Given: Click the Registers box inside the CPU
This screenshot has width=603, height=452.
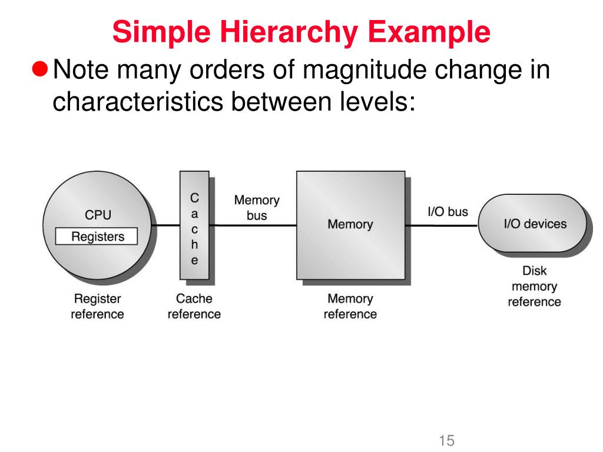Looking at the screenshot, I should tap(97, 237).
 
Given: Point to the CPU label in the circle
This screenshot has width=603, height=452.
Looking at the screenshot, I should tap(98, 215).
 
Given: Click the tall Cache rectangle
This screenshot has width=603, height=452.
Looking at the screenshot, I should tap(194, 225).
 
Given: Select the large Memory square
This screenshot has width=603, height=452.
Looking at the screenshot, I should tap(350, 224).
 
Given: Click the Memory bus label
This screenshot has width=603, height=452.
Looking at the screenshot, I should tap(257, 208).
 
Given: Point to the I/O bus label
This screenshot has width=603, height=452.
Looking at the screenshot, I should tap(448, 211).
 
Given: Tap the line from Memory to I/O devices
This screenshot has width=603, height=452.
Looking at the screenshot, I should tap(442, 224).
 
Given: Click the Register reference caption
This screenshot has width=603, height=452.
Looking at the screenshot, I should tap(97, 306).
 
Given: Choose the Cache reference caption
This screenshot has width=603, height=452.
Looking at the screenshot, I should tap(194, 306).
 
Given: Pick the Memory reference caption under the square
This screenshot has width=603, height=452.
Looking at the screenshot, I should tap(350, 306).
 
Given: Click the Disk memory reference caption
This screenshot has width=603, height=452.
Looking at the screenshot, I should tap(534, 287).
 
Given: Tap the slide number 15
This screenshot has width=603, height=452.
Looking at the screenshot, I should tap(447, 440).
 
